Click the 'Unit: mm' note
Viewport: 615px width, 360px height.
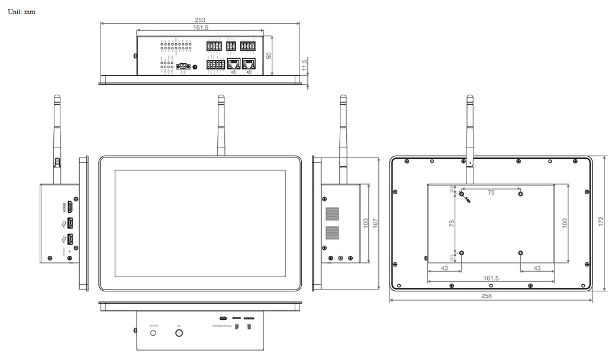click(21, 12)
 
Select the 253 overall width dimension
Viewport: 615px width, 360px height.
click(200, 20)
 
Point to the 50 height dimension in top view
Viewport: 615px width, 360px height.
click(269, 55)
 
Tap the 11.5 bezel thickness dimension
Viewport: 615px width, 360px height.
click(305, 65)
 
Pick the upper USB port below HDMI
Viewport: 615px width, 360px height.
click(70, 223)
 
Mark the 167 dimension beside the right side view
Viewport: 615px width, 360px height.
click(375, 223)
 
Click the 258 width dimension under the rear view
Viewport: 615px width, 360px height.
click(487, 295)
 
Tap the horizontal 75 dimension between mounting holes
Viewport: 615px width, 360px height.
click(491, 192)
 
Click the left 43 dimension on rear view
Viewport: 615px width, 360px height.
click(444, 268)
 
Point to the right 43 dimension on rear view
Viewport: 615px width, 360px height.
click(537, 268)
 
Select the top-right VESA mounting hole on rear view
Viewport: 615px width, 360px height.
click(520, 194)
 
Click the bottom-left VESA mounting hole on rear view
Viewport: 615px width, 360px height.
click(462, 253)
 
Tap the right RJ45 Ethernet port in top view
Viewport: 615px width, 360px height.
click(249, 64)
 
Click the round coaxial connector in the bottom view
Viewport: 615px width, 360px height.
click(178, 333)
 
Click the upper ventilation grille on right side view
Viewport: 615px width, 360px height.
click(332, 214)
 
